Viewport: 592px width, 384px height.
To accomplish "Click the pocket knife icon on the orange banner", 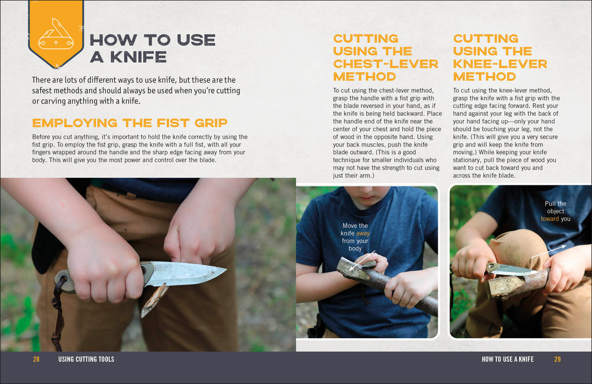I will click(55, 36).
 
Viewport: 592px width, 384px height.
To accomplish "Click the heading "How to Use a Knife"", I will click(152, 48).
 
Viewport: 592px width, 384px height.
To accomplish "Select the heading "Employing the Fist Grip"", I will click(129, 123).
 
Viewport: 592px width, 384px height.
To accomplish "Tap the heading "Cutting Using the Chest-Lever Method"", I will click(385, 58).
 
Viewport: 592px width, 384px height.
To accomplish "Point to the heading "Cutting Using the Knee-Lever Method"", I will click(499, 58).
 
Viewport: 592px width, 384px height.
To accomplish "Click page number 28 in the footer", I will click(36, 359).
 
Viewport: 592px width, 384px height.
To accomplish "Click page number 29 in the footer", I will click(557, 359).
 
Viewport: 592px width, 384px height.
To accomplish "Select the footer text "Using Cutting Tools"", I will click(86, 359).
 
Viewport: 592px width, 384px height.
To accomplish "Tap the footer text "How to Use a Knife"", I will click(508, 359).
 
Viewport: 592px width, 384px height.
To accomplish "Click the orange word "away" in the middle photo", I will click(362, 233).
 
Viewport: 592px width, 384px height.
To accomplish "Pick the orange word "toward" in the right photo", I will click(550, 219).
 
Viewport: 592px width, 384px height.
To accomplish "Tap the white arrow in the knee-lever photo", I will click(547, 250).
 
